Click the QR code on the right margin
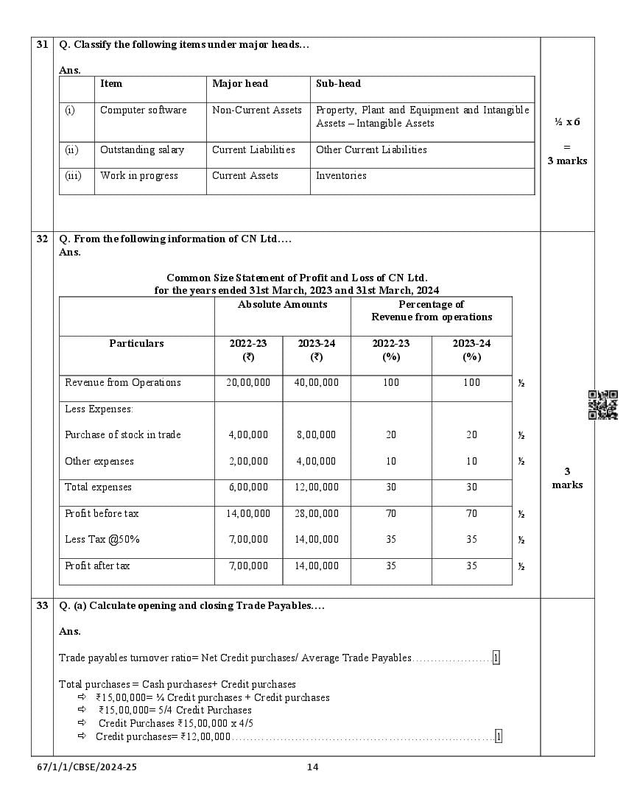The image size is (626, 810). pyautogui.click(x=602, y=405)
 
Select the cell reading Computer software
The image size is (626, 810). pyautogui.click(x=143, y=110)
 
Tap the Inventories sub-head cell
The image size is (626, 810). pyautogui.click(x=341, y=176)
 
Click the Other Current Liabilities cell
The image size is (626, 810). pyautogui.click(x=371, y=149)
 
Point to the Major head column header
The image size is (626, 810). pyautogui.click(x=240, y=84)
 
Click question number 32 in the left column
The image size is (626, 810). pyautogui.click(x=42, y=239)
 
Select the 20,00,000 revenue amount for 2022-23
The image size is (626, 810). pyautogui.click(x=248, y=383)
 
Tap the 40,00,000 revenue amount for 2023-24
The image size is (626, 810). pyautogui.click(x=317, y=383)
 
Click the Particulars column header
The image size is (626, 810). pyautogui.click(x=136, y=344)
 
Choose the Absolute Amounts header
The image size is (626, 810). pyautogui.click(x=282, y=305)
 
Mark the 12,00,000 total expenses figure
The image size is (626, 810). pyautogui.click(x=317, y=487)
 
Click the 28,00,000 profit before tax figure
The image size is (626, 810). pyautogui.click(x=317, y=514)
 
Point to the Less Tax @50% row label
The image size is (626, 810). pyautogui.click(x=102, y=540)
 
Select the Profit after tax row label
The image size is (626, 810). pyautogui.click(x=97, y=566)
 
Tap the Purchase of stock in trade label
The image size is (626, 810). pyautogui.click(x=122, y=435)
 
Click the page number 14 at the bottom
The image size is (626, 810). pyautogui.click(x=312, y=767)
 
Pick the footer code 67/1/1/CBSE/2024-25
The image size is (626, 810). pyautogui.click(x=87, y=767)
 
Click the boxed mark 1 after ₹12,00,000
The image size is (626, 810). pyautogui.click(x=499, y=736)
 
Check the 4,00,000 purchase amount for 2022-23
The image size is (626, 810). pyautogui.click(x=248, y=435)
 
